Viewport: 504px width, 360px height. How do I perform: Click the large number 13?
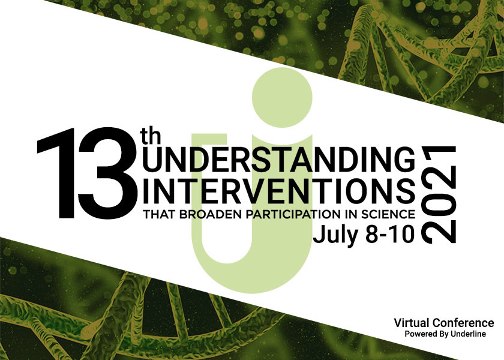(x=88, y=173)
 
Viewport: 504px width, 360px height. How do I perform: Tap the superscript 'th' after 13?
(x=151, y=136)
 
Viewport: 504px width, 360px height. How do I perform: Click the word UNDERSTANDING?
(x=278, y=159)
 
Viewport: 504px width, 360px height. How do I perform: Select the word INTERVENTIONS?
(x=278, y=191)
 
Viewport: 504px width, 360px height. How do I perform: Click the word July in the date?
(x=335, y=236)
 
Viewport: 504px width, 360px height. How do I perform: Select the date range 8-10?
(x=390, y=235)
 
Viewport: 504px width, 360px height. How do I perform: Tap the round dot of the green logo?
(x=282, y=97)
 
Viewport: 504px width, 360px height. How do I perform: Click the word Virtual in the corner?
(x=412, y=322)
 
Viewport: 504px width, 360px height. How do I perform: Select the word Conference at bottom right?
(x=463, y=322)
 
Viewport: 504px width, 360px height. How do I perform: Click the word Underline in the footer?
(x=468, y=334)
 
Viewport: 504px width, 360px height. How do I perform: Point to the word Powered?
(x=418, y=334)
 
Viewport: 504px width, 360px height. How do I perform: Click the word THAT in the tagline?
(x=159, y=214)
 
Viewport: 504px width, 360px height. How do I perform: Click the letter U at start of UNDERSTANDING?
(x=152, y=159)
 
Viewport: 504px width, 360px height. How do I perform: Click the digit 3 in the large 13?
(x=108, y=173)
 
